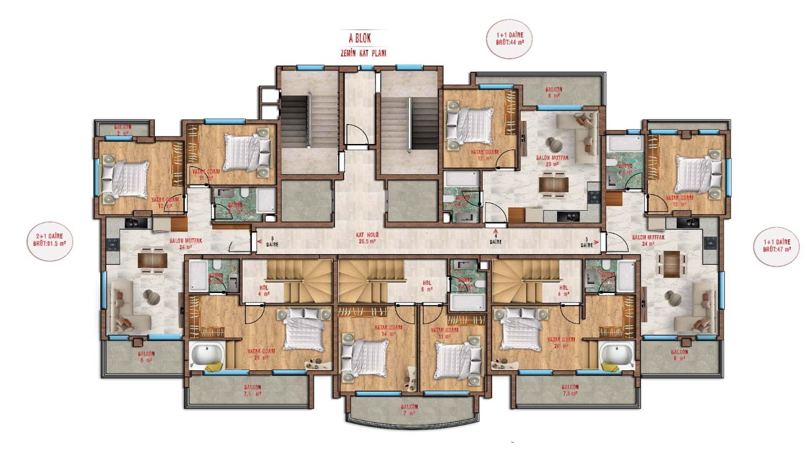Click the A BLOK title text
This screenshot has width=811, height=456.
click(x=359, y=38)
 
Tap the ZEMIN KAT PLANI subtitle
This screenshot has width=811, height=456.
click(x=363, y=54)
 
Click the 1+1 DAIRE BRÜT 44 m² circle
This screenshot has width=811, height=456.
click(x=510, y=39)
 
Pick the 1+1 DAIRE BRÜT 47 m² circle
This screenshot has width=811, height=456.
click(x=777, y=246)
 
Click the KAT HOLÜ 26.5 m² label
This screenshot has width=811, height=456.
click(x=367, y=238)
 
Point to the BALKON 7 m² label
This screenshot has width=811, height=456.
click(x=409, y=410)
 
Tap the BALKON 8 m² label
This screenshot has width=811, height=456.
click(x=553, y=92)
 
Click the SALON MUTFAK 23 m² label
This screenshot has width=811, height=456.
click(x=552, y=161)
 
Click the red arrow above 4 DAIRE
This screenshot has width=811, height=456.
click(x=495, y=231)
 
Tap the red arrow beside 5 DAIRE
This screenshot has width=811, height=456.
click(x=596, y=243)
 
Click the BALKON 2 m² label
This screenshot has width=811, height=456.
click(x=122, y=130)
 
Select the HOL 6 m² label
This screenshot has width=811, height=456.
click(x=427, y=286)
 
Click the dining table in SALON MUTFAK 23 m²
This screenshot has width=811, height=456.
click(x=554, y=184)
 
